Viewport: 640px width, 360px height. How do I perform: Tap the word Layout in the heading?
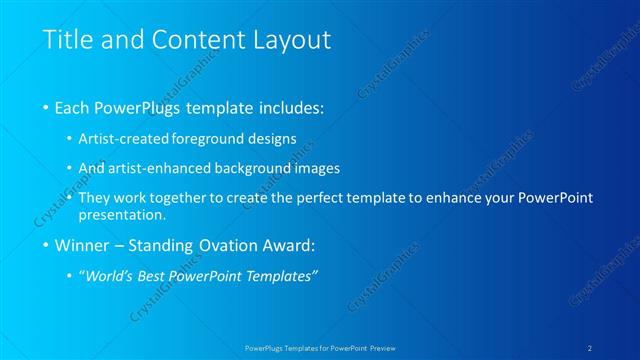pos(290,41)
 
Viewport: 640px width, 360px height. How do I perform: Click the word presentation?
pos(125,214)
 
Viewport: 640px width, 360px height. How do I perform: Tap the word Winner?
pos(84,245)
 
